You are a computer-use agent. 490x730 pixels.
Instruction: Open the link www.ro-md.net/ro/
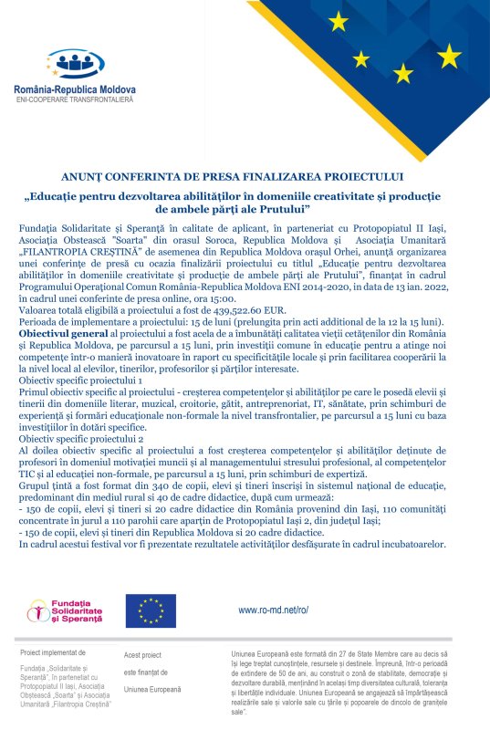point(274,610)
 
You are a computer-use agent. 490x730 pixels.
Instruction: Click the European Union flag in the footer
point(151,610)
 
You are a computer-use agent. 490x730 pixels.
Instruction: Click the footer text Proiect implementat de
point(51,653)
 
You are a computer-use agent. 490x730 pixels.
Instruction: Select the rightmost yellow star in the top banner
point(449,57)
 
